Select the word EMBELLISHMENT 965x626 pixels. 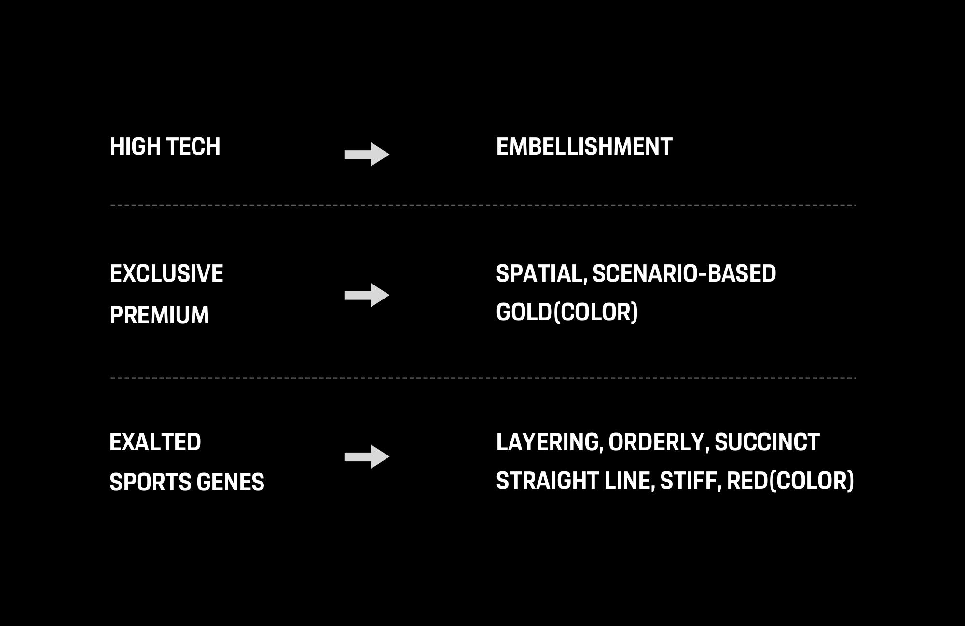pyautogui.click(x=584, y=146)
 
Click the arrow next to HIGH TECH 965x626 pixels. pyautogui.click(x=367, y=155)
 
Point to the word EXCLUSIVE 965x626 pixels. pyautogui.click(x=166, y=273)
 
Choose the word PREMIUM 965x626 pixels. pyautogui.click(x=160, y=315)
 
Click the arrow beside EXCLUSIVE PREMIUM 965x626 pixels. pyautogui.click(x=367, y=295)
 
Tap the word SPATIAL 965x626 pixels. pyautogui.click(x=541, y=274)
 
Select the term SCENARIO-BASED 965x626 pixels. pyautogui.click(x=684, y=273)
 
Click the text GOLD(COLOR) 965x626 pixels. pyautogui.click(x=567, y=313)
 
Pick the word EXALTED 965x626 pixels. pyautogui.click(x=155, y=442)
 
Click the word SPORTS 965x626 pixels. pyautogui.click(x=150, y=482)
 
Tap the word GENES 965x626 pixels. pyautogui.click(x=231, y=482)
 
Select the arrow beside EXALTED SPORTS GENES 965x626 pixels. pyautogui.click(x=367, y=456)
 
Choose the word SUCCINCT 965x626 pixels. pyautogui.click(x=767, y=442)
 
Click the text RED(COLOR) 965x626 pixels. pyautogui.click(x=790, y=482)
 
